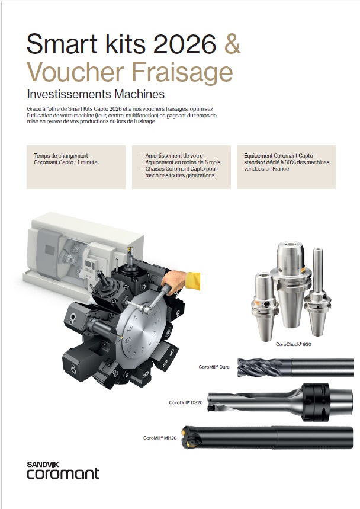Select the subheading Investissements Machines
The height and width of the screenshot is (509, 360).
(x=96, y=94)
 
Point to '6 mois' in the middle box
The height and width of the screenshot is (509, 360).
(x=213, y=162)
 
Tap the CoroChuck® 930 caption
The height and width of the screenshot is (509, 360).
(x=293, y=344)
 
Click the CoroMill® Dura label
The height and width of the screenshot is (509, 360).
(x=214, y=367)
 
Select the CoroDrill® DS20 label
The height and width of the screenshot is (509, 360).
(x=186, y=402)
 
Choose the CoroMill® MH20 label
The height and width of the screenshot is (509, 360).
(x=160, y=438)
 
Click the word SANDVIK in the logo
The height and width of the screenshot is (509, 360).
(x=43, y=465)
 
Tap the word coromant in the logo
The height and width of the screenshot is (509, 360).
(x=63, y=474)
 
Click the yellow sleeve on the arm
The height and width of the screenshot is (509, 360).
(x=192, y=281)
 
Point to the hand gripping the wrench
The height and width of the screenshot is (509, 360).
(x=174, y=282)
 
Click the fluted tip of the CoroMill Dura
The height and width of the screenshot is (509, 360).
(x=259, y=367)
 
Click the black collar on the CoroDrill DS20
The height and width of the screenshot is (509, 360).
(x=315, y=402)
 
